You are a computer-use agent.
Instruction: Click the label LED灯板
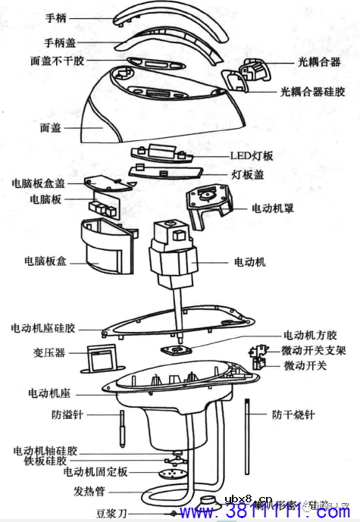click(251, 156)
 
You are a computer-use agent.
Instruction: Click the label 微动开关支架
click(314, 352)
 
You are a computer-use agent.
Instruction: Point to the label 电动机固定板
click(96, 472)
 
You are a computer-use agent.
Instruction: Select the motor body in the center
click(176, 254)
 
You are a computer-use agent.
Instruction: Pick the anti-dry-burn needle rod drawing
click(249, 432)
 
